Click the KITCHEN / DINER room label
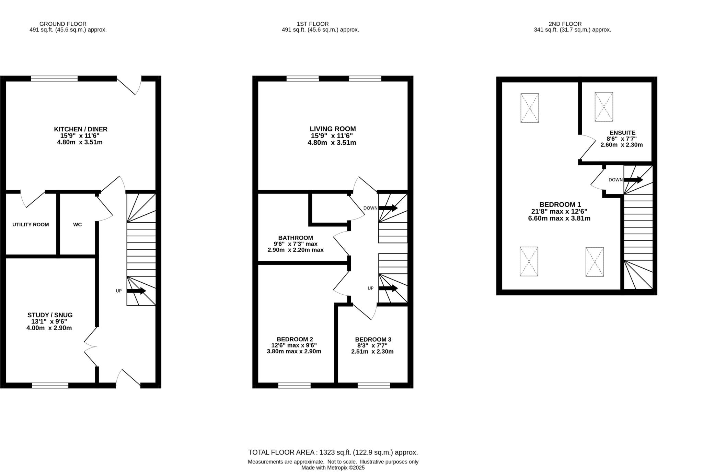81,129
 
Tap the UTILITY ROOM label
31,225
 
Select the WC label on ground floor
78,225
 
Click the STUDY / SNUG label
50,315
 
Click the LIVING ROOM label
333,129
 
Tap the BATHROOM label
296,238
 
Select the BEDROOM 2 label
295,339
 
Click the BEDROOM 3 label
373,339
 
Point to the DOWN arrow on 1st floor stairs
388,208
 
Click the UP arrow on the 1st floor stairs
388,288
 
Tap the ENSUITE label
622,133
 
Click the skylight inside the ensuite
604,107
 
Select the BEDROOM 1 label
560,205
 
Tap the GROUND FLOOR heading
63,24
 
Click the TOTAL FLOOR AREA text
333,452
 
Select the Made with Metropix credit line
333,468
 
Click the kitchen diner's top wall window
54,79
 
